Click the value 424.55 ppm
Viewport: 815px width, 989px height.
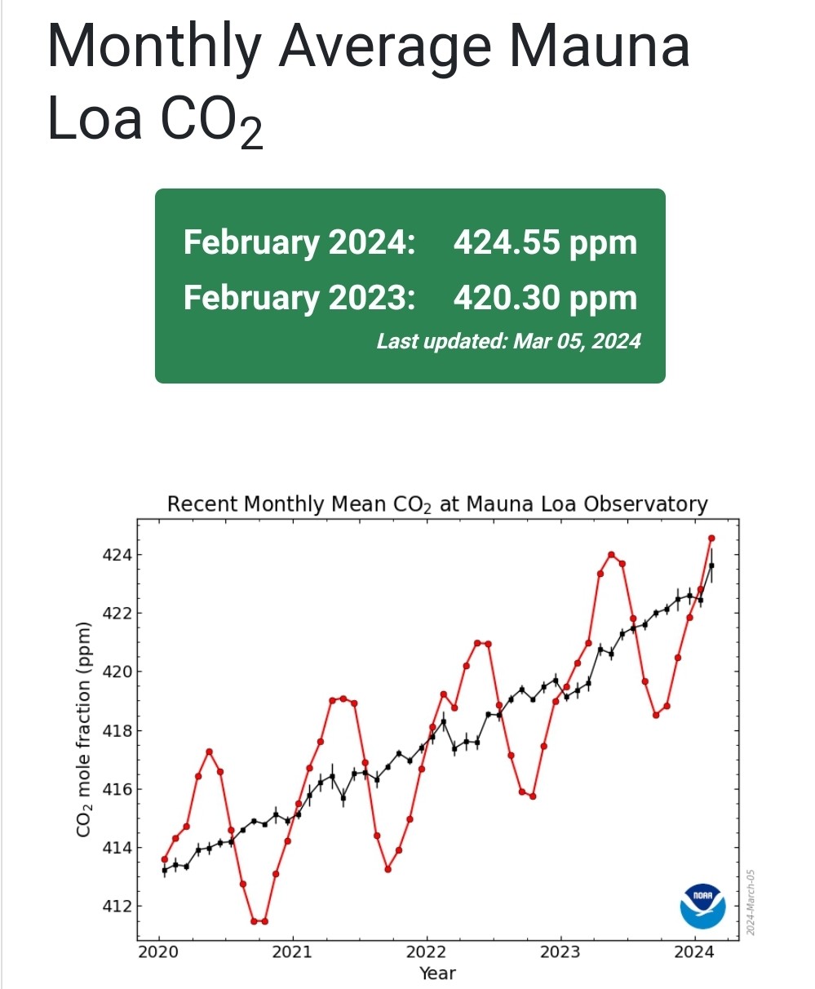tap(545, 242)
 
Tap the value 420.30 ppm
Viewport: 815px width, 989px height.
tap(545, 298)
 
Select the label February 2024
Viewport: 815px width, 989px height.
tap(299, 242)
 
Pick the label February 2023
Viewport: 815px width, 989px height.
tap(299, 298)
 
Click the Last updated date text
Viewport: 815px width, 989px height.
tap(508, 341)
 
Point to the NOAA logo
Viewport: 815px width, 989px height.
tap(702, 905)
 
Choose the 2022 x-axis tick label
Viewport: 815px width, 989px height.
tap(426, 953)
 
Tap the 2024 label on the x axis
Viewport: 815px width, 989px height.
tap(695, 953)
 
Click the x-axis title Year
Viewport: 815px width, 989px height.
tap(437, 973)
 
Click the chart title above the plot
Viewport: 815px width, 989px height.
tap(437, 504)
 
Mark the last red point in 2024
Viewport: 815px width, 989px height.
tap(711, 538)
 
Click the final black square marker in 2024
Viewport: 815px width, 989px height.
tap(711, 565)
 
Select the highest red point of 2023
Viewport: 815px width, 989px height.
tap(611, 555)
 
